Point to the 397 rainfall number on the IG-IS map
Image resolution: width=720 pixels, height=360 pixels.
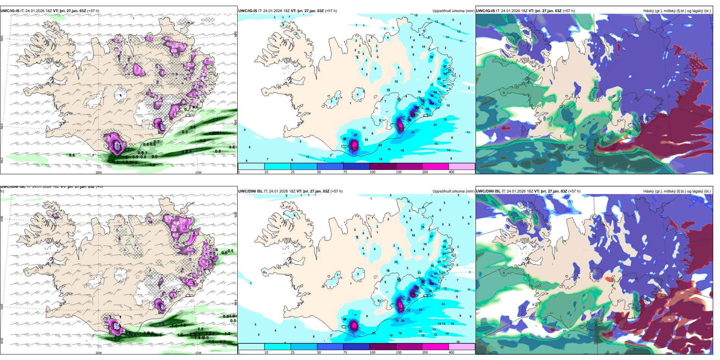click(354, 147)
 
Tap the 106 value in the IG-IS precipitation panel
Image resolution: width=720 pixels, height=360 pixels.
click(431, 103)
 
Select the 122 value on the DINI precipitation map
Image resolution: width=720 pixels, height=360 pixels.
click(431, 284)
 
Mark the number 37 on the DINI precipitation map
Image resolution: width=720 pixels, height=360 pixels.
click(431, 236)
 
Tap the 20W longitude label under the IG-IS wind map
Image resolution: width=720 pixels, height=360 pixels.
click(99, 172)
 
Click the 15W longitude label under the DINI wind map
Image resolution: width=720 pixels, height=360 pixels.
click(198, 353)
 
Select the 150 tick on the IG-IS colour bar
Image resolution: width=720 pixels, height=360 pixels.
click(399, 172)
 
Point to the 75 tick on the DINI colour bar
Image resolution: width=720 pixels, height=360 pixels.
click(345, 352)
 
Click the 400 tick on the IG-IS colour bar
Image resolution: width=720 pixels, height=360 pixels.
click(451, 172)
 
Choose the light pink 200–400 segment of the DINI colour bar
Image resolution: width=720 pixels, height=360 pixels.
click(462, 346)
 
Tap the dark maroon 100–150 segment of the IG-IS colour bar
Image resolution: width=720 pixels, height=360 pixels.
click(383, 166)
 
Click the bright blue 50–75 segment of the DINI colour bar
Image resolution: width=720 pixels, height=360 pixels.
click(330, 346)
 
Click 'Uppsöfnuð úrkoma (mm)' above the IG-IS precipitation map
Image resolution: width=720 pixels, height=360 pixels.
click(453, 11)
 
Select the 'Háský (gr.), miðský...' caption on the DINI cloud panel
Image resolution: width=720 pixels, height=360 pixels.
click(677, 191)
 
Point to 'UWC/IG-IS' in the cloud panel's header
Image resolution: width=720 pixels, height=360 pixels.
click(486, 11)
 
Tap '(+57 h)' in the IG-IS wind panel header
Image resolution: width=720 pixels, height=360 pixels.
click(93, 11)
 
